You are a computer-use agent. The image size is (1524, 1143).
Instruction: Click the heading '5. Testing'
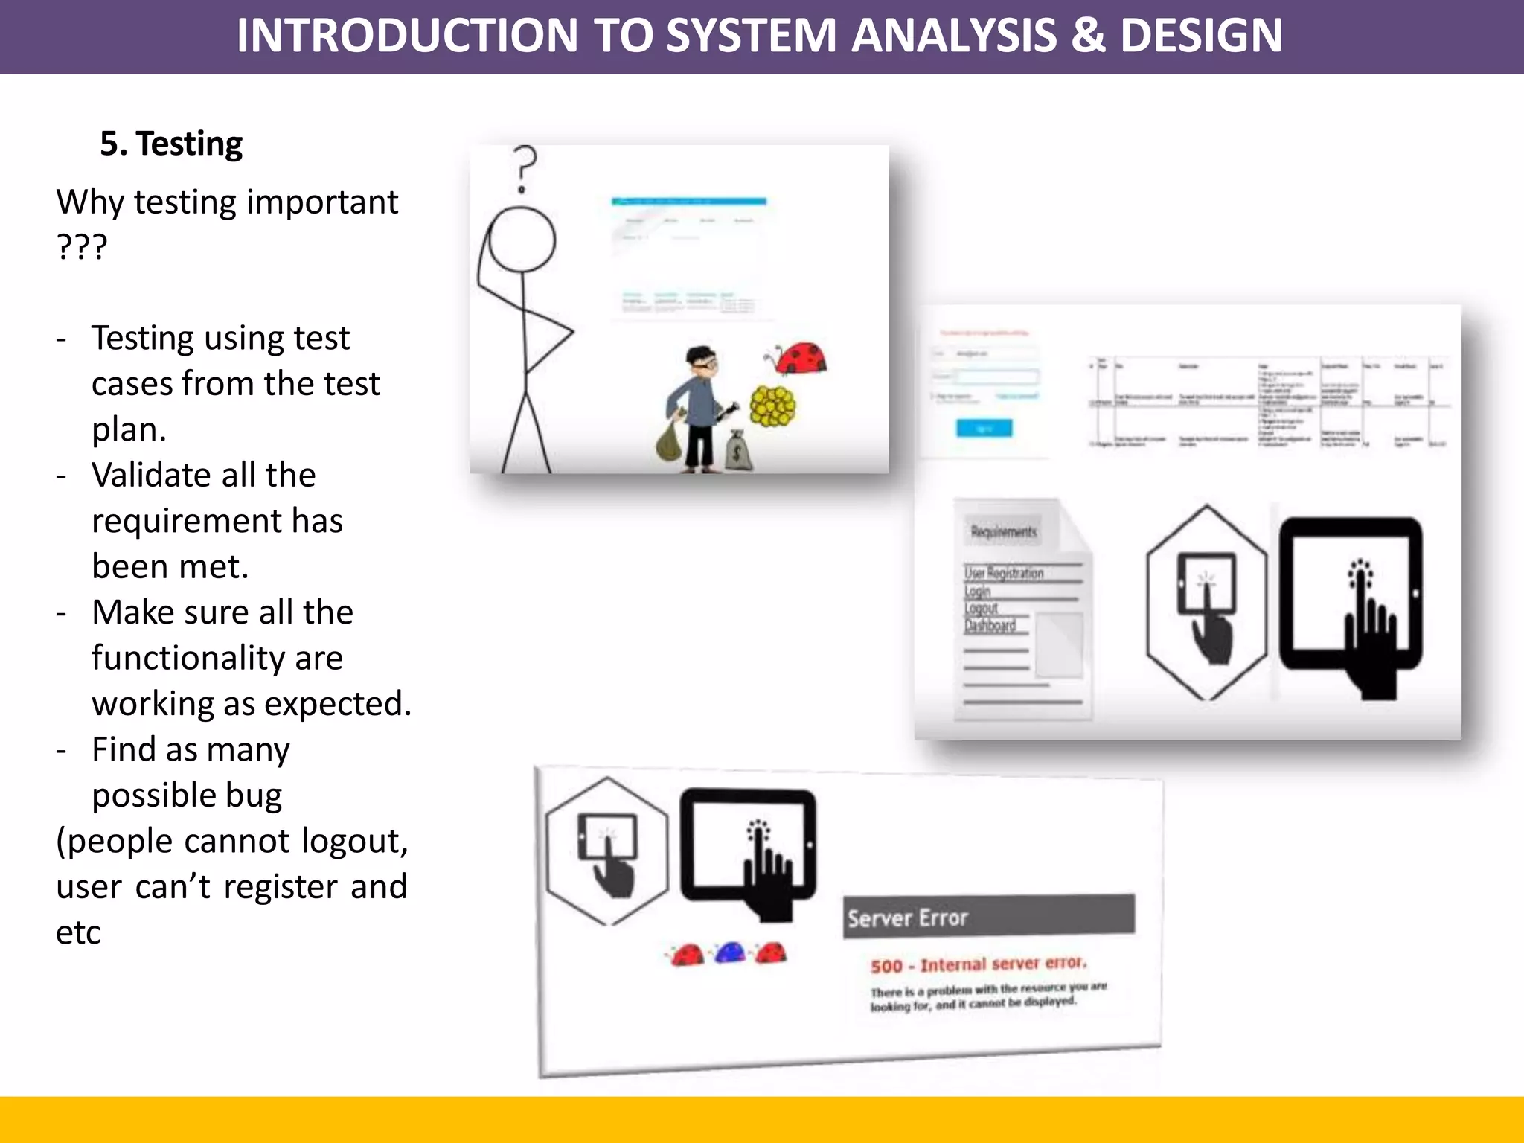[171, 144]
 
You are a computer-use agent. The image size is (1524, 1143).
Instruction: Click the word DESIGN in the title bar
[1200, 35]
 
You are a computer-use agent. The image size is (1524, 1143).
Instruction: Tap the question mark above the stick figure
[524, 167]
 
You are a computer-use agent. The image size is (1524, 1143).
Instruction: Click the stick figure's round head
[522, 239]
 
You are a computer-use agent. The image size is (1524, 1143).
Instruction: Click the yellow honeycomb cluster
[772, 406]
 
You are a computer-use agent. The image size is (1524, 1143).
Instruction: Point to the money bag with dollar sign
[738, 451]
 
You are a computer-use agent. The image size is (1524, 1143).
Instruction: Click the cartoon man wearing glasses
[699, 409]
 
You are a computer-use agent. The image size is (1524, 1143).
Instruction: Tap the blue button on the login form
[984, 428]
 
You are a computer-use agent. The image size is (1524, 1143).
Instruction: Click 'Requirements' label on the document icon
[1003, 531]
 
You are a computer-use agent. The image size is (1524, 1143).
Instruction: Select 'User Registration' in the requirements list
[1004, 573]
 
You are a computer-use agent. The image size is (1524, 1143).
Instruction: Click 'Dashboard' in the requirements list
[990, 625]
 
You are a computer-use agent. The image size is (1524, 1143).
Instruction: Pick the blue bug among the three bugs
[730, 952]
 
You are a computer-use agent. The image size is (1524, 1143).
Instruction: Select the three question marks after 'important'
[82, 246]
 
